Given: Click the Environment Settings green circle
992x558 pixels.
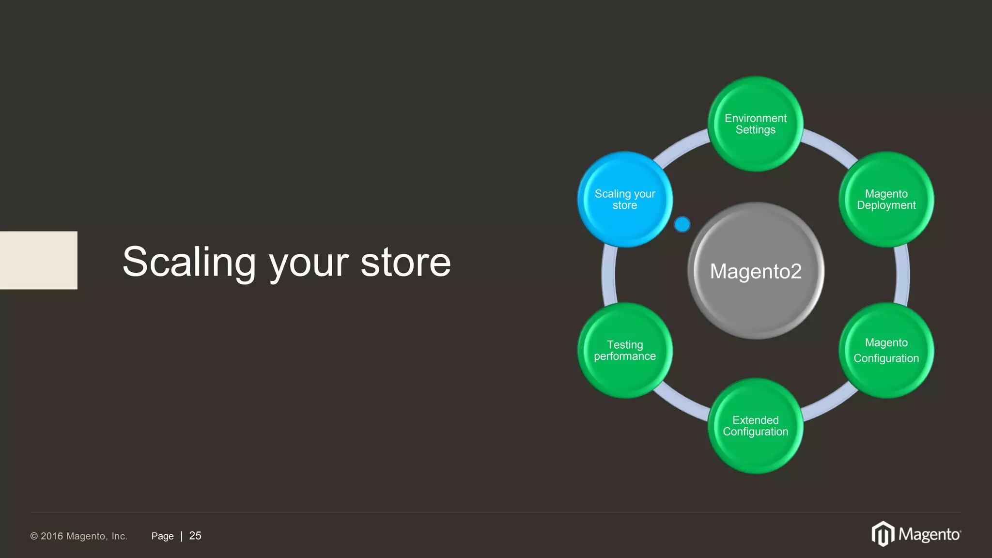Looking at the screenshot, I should pyautogui.click(x=755, y=124).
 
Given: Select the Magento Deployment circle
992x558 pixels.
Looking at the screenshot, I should pyautogui.click(x=886, y=200).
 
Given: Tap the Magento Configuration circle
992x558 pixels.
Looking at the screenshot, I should pyautogui.click(x=886, y=351).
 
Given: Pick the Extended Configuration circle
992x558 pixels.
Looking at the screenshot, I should pyautogui.click(x=755, y=426).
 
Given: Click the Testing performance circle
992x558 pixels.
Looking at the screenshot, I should pyautogui.click(x=625, y=351).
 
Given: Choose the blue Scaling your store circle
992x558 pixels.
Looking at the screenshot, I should pyautogui.click(x=625, y=200).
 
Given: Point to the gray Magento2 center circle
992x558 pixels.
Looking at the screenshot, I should pyautogui.click(x=756, y=271).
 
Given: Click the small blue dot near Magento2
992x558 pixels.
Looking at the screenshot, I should pyautogui.click(x=682, y=224).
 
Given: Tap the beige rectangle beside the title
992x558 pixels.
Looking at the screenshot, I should pyautogui.click(x=38, y=260).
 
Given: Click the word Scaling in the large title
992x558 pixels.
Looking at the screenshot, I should pyautogui.click(x=189, y=262).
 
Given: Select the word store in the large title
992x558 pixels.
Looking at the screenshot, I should pyautogui.click(x=405, y=262).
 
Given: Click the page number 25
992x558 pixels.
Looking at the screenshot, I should pyautogui.click(x=195, y=536).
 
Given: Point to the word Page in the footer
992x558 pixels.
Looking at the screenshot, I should pyautogui.click(x=162, y=536).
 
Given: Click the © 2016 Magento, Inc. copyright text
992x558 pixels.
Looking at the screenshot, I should pyautogui.click(x=79, y=536).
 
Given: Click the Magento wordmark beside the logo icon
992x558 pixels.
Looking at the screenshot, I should pyautogui.click(x=929, y=535).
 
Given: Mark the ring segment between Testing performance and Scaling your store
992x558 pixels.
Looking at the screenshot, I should pyautogui.click(x=609, y=275).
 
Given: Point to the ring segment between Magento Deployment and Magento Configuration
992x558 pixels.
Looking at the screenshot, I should pyautogui.click(x=902, y=275).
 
